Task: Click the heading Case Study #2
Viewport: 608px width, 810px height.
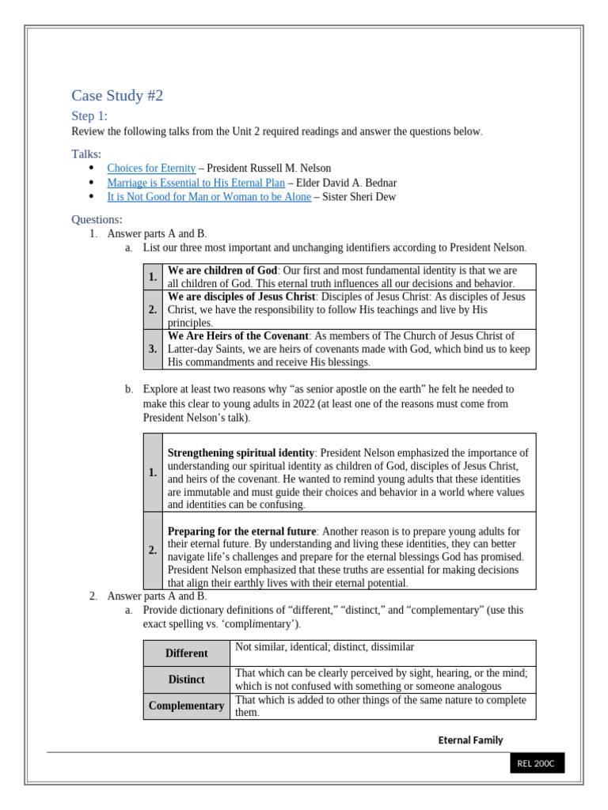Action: [117, 97]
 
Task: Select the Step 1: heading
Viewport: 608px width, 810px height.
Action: [89, 116]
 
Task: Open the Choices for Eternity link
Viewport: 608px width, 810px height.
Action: [151, 168]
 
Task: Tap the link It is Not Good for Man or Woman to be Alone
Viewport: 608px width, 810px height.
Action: [209, 197]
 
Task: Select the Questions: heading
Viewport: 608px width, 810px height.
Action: [97, 219]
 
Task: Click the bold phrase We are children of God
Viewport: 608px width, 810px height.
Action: [222, 271]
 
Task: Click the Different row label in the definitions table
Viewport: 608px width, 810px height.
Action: [187, 653]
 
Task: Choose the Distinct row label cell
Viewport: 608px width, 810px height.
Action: [187, 679]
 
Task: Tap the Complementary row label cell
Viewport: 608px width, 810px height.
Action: [187, 706]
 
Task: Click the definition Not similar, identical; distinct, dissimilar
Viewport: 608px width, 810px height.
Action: [325, 647]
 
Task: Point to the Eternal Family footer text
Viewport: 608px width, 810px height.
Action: [470, 740]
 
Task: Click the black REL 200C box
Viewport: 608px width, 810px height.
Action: [536, 763]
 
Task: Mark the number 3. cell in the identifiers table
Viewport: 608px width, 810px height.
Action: [153, 349]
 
